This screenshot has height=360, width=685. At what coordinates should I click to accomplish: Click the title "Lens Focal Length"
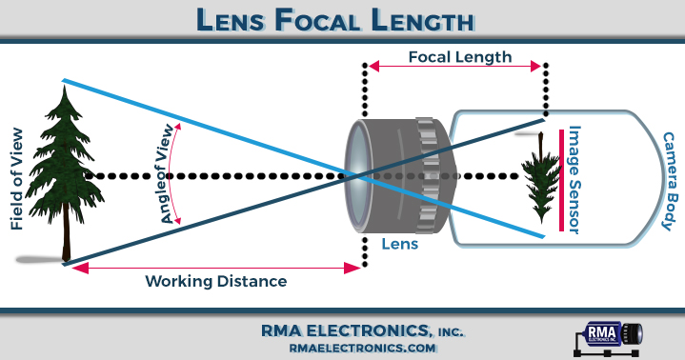342,19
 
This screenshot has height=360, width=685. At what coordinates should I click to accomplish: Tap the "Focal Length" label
459,57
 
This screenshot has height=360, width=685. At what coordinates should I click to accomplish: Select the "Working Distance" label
215,282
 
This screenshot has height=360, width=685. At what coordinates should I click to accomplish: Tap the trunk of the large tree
66,238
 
